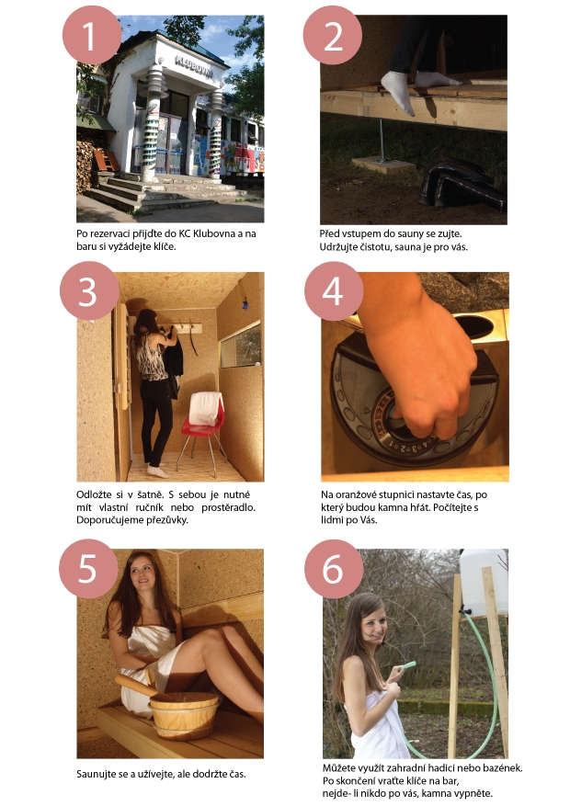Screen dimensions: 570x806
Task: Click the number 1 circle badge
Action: coord(91,36)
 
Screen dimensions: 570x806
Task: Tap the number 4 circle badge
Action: coord(334,291)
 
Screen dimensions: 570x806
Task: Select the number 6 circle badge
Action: coord(334,569)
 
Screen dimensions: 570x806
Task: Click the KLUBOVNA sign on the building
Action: coord(194,66)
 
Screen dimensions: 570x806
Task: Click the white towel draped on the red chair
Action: coord(206,409)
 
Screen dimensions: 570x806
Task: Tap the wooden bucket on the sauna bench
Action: coord(184,714)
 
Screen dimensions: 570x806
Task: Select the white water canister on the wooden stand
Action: coord(484,581)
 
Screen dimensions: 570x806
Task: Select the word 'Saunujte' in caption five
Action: coord(97,774)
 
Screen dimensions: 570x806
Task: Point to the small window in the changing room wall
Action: coord(241,346)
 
